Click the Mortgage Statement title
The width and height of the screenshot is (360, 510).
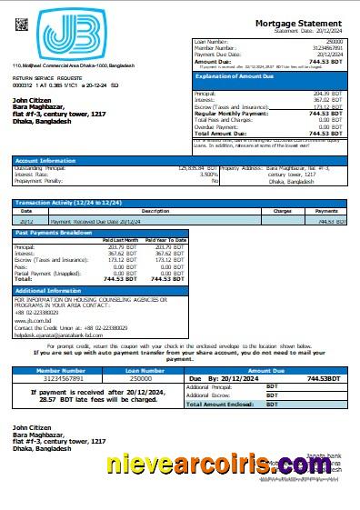(x=299, y=22)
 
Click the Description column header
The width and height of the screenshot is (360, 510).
(x=155, y=211)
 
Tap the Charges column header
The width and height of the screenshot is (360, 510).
(x=282, y=211)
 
